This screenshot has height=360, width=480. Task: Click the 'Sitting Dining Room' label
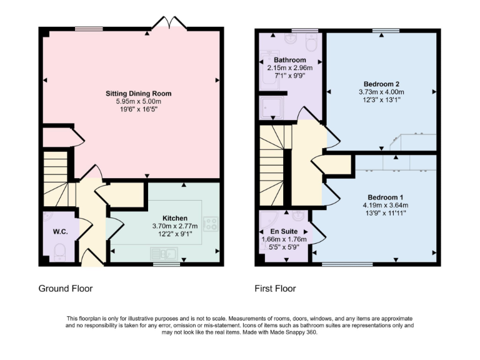(x=138, y=94)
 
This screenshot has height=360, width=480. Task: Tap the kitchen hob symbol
(x=210, y=223)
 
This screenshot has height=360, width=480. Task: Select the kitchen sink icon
(x=165, y=253)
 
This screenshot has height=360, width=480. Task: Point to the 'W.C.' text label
(x=61, y=231)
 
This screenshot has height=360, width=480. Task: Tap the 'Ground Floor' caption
(x=66, y=289)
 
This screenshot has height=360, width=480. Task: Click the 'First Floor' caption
(x=275, y=289)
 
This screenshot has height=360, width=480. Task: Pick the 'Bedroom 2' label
(x=381, y=84)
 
